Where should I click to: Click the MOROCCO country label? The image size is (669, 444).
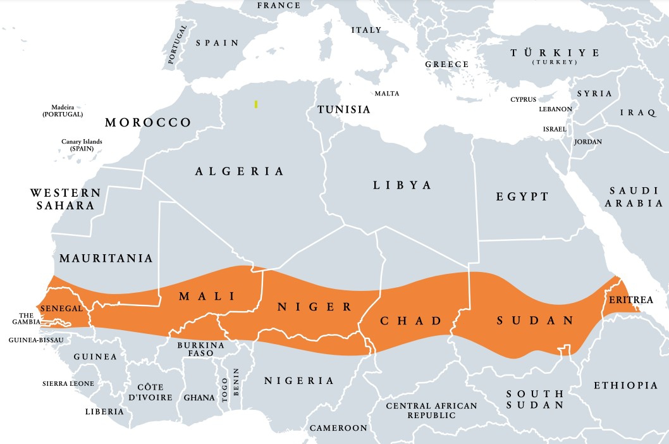(148, 122)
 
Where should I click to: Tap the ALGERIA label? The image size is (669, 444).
(239, 171)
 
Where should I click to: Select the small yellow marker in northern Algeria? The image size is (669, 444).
(255, 104)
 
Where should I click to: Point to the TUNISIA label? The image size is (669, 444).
(343, 109)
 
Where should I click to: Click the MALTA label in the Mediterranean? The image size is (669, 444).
(387, 94)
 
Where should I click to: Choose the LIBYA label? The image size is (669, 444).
(402, 185)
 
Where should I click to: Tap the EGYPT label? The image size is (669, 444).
(522, 197)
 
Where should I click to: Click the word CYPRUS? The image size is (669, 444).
(523, 100)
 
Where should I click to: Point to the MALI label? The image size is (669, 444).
(207, 296)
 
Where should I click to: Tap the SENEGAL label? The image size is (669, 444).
(61, 309)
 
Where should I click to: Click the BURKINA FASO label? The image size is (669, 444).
(200, 349)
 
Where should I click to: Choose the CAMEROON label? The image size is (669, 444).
(338, 428)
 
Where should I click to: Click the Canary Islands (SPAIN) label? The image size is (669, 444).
(82, 145)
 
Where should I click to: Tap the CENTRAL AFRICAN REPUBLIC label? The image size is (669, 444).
(431, 410)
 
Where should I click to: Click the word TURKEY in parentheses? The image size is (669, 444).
(555, 63)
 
